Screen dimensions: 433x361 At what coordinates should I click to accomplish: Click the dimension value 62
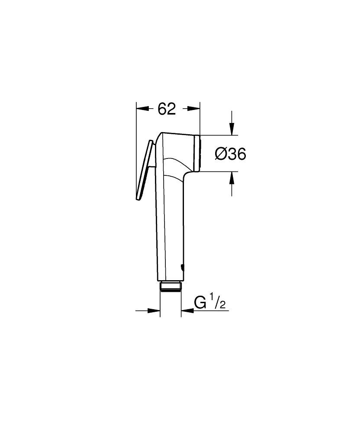(x=167, y=109)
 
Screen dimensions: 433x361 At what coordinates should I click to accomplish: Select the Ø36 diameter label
(x=231, y=153)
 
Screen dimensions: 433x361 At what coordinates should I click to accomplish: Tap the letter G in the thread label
(x=200, y=302)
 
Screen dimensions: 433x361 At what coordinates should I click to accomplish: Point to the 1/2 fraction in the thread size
(x=219, y=302)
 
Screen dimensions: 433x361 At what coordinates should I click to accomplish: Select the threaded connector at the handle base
(x=171, y=287)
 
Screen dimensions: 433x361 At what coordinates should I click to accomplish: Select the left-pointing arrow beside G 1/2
(x=187, y=310)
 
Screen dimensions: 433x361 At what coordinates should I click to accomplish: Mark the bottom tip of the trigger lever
(x=138, y=199)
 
